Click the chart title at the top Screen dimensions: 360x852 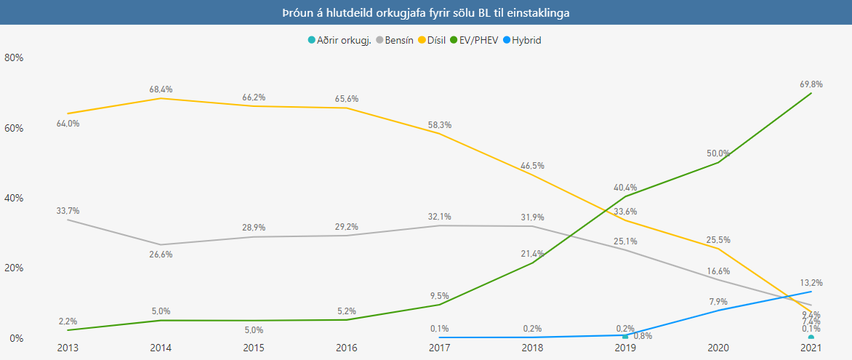(426, 13)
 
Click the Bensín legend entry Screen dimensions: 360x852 (395, 40)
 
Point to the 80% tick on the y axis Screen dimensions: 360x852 (15, 57)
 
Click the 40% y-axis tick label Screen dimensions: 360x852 (15, 198)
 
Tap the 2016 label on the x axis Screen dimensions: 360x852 (346, 348)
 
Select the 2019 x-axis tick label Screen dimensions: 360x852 (624, 348)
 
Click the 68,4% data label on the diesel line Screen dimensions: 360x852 (161, 89)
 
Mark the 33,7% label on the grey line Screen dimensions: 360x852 (68, 210)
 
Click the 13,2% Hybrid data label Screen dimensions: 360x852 (811, 282)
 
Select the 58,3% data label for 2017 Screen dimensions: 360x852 (439, 124)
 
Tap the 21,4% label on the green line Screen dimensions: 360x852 (531, 252)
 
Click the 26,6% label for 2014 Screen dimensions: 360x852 (161, 255)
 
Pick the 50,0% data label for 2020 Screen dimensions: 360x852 (718, 153)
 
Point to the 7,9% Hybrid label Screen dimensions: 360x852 (718, 301)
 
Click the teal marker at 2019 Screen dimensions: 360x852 (624, 337)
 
